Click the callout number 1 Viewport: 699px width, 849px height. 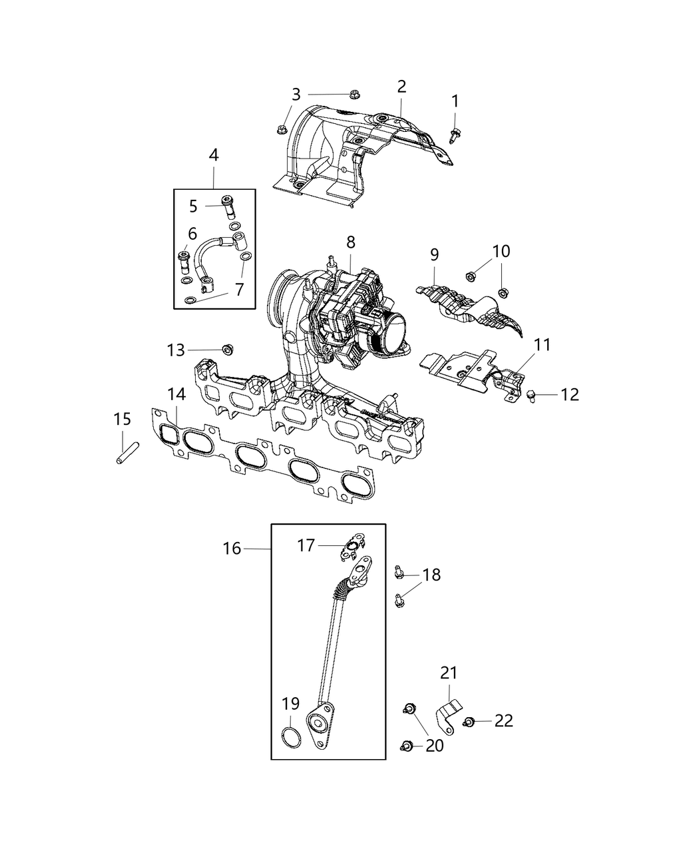(x=455, y=101)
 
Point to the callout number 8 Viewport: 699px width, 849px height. (x=351, y=242)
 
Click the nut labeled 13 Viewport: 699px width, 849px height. (x=227, y=348)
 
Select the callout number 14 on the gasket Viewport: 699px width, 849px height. (x=176, y=395)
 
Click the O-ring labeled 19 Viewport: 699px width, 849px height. (x=290, y=737)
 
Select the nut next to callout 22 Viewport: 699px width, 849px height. (x=469, y=721)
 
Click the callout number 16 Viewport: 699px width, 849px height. (x=231, y=549)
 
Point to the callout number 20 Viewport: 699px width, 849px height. (x=434, y=746)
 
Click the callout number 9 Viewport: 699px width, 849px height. (x=434, y=254)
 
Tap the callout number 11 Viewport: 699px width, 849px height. (x=542, y=345)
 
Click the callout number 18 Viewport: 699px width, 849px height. (x=431, y=575)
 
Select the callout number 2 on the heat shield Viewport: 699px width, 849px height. (x=401, y=87)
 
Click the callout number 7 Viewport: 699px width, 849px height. (x=239, y=290)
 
